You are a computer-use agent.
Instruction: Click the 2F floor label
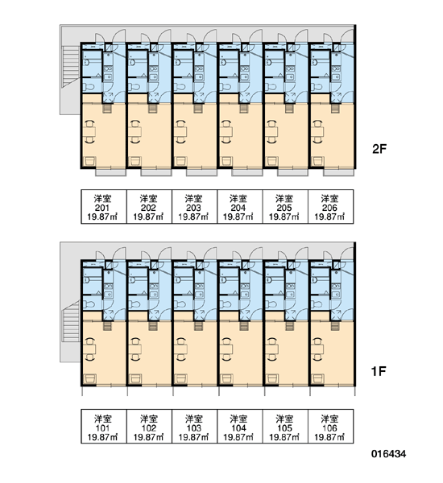[379, 149]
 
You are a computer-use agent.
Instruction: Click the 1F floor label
[379, 371]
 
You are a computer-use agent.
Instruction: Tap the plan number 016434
[388, 454]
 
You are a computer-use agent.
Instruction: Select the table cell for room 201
[104, 206]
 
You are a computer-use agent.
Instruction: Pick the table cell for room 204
[240, 206]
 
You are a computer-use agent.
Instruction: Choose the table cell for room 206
[331, 206]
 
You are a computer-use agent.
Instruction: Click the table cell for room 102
[149, 427]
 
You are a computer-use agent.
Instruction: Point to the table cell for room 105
[285, 427]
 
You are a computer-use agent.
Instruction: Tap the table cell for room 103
[195, 427]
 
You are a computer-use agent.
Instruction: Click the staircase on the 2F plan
[71, 66]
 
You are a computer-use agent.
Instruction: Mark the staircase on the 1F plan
[71, 321]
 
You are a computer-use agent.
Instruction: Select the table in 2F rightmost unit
[318, 132]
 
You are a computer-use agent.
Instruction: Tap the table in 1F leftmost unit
[90, 349]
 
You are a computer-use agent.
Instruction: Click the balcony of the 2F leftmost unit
[110, 172]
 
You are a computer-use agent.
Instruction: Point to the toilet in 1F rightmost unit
[317, 304]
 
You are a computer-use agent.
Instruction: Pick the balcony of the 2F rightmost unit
[338, 172]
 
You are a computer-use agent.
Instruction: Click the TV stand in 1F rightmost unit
[317, 378]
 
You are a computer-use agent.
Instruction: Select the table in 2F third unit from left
[181, 132]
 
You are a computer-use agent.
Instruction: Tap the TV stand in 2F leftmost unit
[90, 162]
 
